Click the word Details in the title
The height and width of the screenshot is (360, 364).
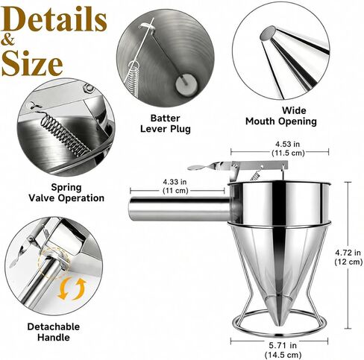click(x=54, y=19)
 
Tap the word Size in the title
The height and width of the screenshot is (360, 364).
click(x=32, y=63)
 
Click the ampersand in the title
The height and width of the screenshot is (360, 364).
click(x=8, y=41)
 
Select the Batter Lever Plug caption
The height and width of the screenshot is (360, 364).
click(x=166, y=124)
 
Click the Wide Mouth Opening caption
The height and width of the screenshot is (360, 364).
click(x=281, y=116)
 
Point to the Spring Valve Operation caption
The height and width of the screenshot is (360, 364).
click(x=66, y=192)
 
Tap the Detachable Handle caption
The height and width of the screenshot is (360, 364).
click(x=54, y=332)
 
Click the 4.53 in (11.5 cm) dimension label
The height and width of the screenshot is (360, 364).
click(x=288, y=148)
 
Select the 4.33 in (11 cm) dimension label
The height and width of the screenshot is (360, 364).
click(x=175, y=186)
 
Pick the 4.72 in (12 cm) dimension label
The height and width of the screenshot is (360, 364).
click(x=348, y=257)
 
